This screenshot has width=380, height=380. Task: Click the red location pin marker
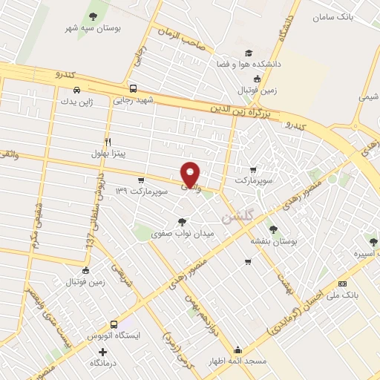191,174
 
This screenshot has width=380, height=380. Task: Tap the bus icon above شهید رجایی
133,87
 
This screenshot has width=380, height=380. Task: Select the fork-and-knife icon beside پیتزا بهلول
108,142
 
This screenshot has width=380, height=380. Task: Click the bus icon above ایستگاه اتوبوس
114,324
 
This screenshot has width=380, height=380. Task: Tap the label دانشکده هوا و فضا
249,65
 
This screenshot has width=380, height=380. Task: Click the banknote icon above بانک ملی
342,283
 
